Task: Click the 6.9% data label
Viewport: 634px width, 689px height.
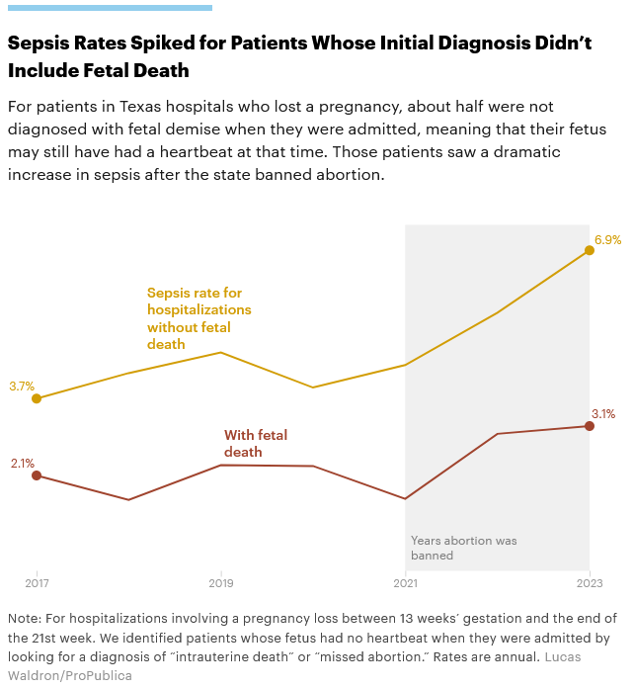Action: tap(607, 240)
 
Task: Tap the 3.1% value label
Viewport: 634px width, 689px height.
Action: tap(603, 414)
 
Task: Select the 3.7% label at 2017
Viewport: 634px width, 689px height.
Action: tap(22, 387)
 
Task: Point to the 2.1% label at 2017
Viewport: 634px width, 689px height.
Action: tap(22, 463)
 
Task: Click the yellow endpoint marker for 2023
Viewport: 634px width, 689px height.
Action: tap(590, 250)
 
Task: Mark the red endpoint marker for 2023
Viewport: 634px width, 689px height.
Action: tap(590, 426)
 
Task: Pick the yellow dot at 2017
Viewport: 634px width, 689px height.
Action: tap(37, 398)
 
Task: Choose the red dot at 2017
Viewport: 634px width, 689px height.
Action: tap(37, 475)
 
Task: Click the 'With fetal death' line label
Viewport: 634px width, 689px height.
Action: tap(256, 443)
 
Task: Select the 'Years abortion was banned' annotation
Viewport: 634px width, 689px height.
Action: tap(463, 548)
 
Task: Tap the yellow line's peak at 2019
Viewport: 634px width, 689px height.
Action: tap(221, 352)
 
